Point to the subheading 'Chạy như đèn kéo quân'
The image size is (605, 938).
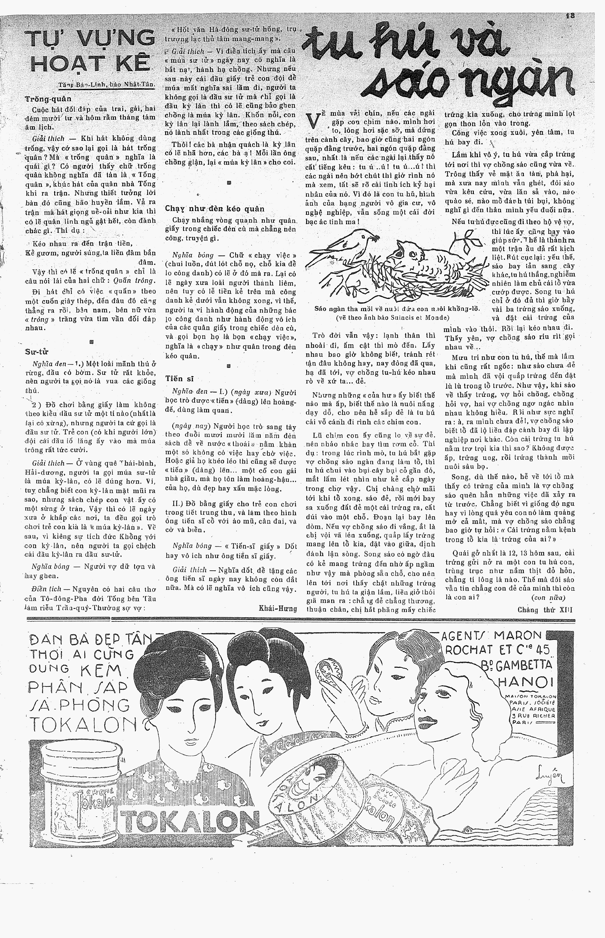pyautogui.click(x=214, y=208)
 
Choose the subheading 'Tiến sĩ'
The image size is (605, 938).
pyautogui.click(x=180, y=379)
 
